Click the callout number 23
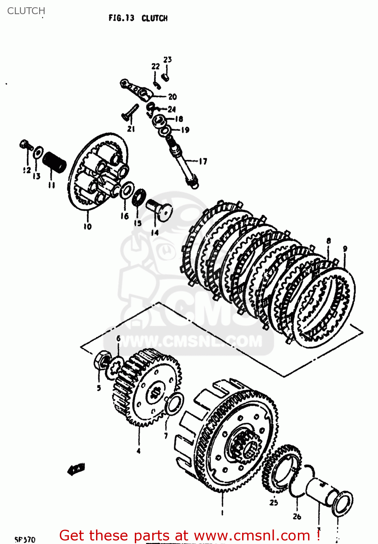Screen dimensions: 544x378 pos(167,59)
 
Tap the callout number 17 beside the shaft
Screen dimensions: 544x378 pos(203,161)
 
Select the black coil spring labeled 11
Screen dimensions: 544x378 pos(54,162)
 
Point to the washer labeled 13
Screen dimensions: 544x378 pos(38,153)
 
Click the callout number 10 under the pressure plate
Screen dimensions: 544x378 pos(88,226)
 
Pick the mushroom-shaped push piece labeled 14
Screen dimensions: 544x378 pos(160,210)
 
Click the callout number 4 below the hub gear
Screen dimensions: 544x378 pos(138,451)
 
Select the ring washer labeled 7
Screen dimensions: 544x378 pos(174,404)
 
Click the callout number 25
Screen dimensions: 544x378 pos(274,502)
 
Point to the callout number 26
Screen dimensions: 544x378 pos(297,516)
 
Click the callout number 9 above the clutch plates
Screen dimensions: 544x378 pos(345,249)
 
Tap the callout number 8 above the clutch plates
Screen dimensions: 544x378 pos(329,241)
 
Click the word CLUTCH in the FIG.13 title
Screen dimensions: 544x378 pos(154,18)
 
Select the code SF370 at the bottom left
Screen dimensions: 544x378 pos(25,540)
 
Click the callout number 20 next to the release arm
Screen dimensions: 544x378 pos(173,96)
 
